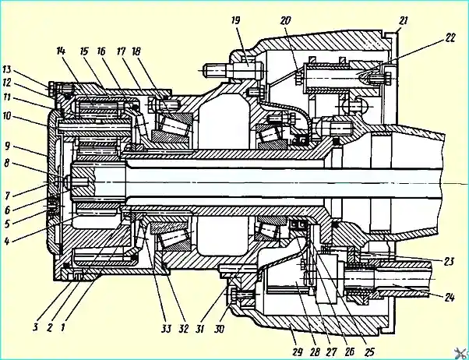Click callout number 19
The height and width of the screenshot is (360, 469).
236,21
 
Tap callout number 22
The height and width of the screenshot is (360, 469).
450,38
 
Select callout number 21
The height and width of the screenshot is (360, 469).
404,21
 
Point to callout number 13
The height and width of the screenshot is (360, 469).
6,69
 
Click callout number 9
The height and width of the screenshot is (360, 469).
8,146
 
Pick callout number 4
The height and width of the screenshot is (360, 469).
7,242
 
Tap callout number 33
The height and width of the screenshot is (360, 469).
166,329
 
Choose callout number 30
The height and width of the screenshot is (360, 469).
219,329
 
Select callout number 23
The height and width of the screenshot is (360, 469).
449,261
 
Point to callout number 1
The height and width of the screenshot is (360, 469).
63,328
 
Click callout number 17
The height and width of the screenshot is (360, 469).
121,51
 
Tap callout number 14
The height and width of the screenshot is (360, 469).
61,51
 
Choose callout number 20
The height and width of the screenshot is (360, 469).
285,21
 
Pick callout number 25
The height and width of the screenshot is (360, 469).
368,351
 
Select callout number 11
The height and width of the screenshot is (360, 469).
6,97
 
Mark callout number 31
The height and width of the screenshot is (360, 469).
199,329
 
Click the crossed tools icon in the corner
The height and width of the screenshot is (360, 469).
460,352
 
